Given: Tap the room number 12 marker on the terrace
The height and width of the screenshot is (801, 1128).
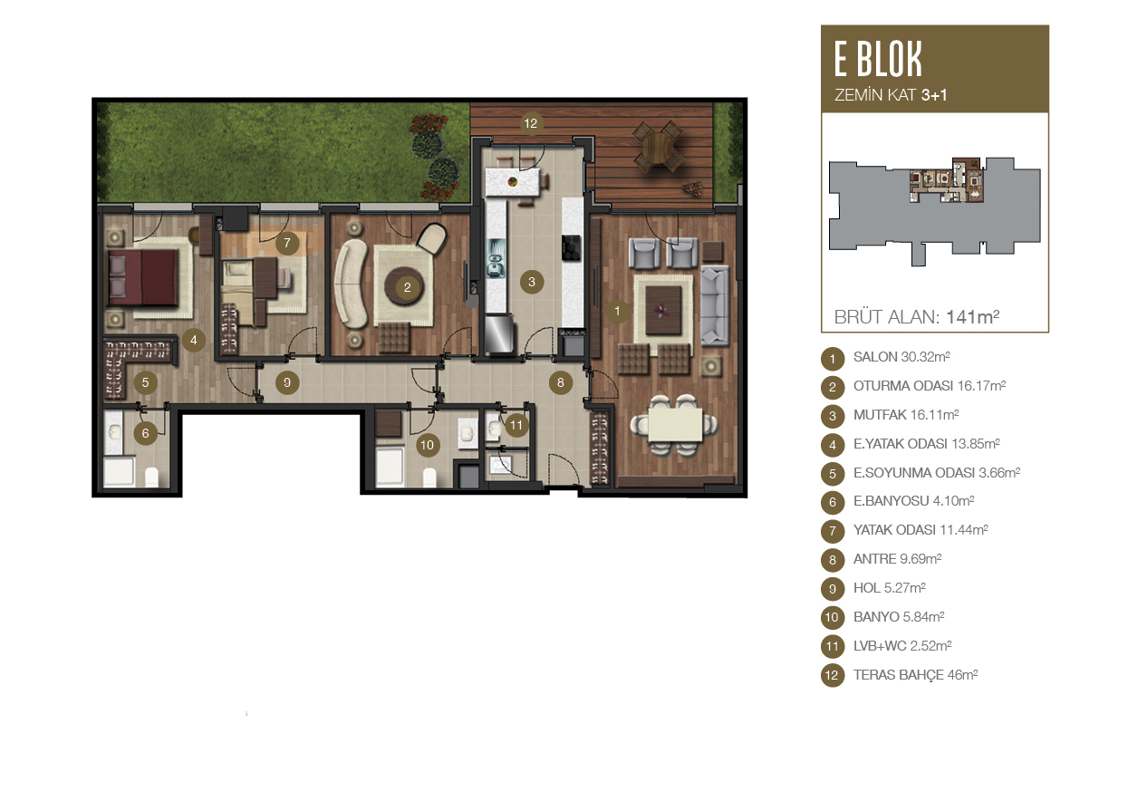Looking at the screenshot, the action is (531, 123).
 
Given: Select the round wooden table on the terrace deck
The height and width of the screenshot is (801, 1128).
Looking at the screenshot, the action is (658, 147).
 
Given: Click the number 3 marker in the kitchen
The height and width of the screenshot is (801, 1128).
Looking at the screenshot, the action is (532, 282).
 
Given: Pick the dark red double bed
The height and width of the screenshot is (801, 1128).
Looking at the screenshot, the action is (143, 277).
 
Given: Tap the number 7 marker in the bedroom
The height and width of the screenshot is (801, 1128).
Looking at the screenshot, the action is (287, 244).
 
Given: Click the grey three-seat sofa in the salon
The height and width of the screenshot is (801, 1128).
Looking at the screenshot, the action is (715, 305).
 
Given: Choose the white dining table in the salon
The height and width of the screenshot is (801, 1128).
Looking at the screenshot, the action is (675, 425).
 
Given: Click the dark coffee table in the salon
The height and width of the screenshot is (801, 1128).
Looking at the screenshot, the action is (663, 310).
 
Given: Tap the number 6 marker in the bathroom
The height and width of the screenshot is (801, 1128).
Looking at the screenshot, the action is (146, 433).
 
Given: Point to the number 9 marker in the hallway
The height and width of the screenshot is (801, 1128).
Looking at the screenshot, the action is (287, 382).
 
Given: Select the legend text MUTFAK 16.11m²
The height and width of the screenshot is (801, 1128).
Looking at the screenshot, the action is (906, 415).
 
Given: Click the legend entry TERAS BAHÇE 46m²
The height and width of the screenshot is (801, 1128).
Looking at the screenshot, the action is (915, 675).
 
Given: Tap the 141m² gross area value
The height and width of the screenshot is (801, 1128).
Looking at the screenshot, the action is (972, 317).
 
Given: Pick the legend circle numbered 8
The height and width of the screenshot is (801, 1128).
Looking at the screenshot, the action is (833, 560).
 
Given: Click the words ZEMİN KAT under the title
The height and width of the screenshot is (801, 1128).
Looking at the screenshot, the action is (875, 95).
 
